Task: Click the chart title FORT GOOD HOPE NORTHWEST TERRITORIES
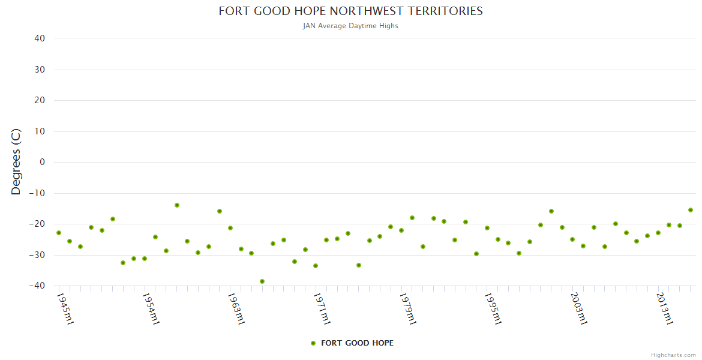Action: [350, 11]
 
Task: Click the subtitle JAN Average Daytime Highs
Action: [350, 26]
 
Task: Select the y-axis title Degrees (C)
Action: [16, 162]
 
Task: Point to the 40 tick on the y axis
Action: [40, 38]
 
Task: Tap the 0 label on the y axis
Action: [42, 162]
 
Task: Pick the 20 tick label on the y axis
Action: [40, 100]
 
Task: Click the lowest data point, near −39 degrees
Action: [262, 281]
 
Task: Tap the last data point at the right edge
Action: [691, 210]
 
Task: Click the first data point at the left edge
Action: [59, 233]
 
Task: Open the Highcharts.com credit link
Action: [673, 355]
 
